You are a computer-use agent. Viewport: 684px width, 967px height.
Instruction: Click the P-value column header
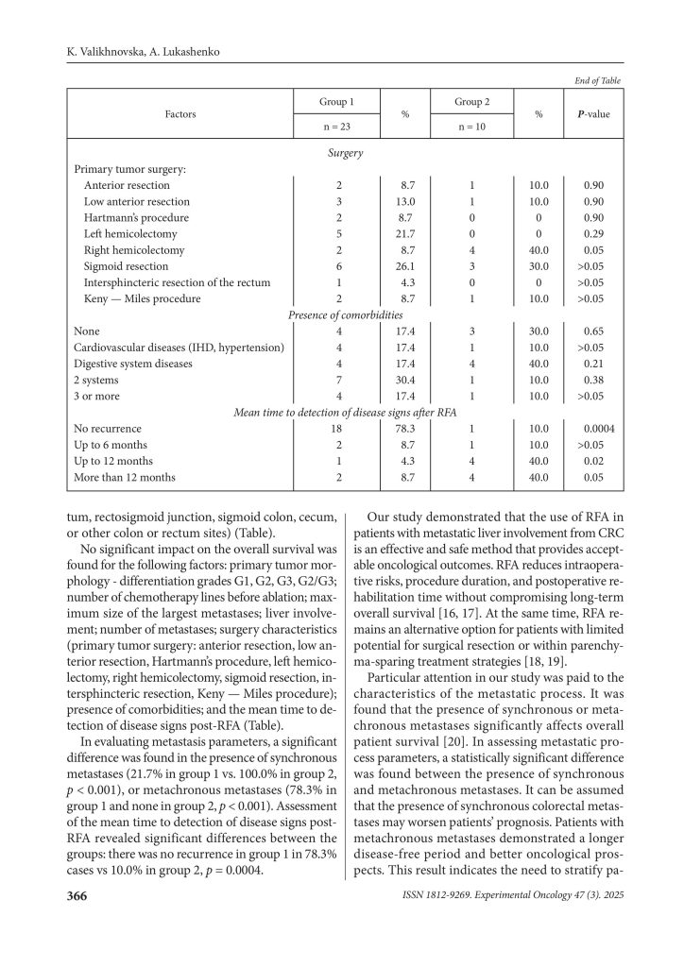click(x=597, y=113)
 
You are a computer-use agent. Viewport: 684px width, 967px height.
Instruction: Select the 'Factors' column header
click(x=180, y=113)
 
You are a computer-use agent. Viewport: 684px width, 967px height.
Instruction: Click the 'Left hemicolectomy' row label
click(x=128, y=233)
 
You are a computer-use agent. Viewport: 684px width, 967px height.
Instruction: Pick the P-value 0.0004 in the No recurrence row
click(x=599, y=428)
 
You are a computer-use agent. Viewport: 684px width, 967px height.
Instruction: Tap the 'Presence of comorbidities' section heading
click(x=346, y=314)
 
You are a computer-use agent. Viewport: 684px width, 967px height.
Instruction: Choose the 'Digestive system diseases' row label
click(x=133, y=364)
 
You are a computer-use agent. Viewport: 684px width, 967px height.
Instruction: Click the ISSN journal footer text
click(x=511, y=896)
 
